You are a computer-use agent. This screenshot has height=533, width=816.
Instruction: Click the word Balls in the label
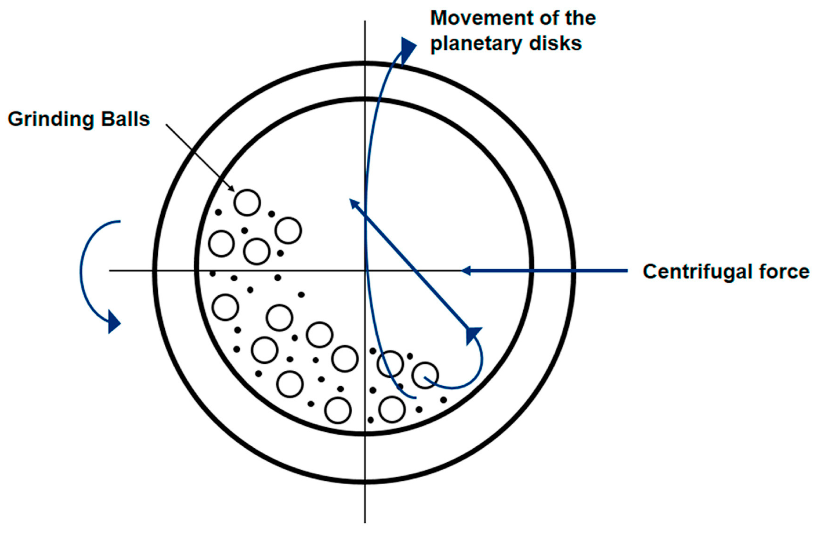click(x=125, y=119)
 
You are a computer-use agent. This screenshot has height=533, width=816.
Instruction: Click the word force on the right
click(x=785, y=272)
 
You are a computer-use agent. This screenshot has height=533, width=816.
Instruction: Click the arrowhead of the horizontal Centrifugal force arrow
click(x=465, y=271)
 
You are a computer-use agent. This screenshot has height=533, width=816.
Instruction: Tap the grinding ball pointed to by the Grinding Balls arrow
click(x=247, y=202)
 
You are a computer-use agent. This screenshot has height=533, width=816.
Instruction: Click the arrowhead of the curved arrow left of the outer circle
click(x=114, y=322)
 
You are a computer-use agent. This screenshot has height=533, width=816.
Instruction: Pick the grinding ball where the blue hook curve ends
click(x=425, y=375)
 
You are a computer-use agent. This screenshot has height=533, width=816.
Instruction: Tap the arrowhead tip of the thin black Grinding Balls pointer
click(x=233, y=191)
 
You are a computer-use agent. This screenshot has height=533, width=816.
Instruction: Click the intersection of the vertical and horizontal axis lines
click(x=365, y=271)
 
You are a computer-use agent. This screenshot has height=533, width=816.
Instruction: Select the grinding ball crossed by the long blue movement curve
click(x=390, y=364)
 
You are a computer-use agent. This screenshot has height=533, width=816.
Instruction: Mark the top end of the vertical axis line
click(x=365, y=21)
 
